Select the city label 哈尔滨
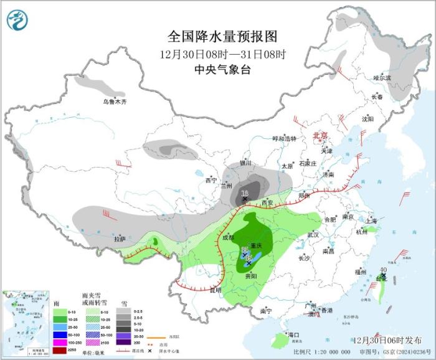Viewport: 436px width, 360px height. [382, 78]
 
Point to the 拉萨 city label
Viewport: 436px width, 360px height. [120, 239]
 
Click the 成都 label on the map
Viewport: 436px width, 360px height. [227, 237]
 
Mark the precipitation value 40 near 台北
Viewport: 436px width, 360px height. [382, 270]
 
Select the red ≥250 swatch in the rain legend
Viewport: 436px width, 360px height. [59, 351]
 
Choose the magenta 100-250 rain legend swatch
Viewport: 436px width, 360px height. [59, 343]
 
